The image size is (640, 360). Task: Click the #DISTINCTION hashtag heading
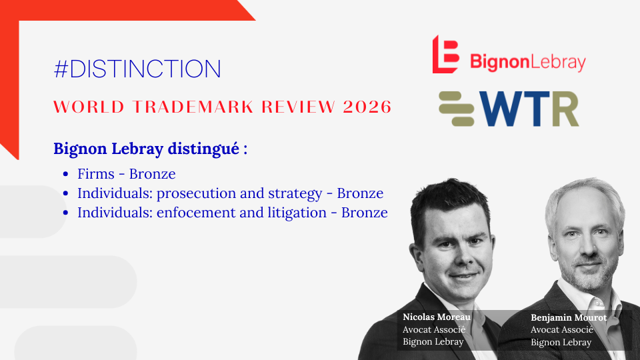137,69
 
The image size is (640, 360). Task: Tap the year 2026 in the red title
367,107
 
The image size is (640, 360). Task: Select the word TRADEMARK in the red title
193,107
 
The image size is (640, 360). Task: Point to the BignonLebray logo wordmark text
528,63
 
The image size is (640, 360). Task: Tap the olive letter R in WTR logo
565,109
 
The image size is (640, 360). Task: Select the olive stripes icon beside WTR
456,109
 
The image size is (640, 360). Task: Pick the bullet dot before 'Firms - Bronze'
66,174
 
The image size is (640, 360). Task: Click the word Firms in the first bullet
96,174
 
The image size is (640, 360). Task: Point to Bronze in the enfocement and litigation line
365,213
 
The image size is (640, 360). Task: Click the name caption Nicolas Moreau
436,317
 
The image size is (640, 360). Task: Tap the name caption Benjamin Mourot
569,317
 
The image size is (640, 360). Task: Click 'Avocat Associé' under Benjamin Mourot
561,330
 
